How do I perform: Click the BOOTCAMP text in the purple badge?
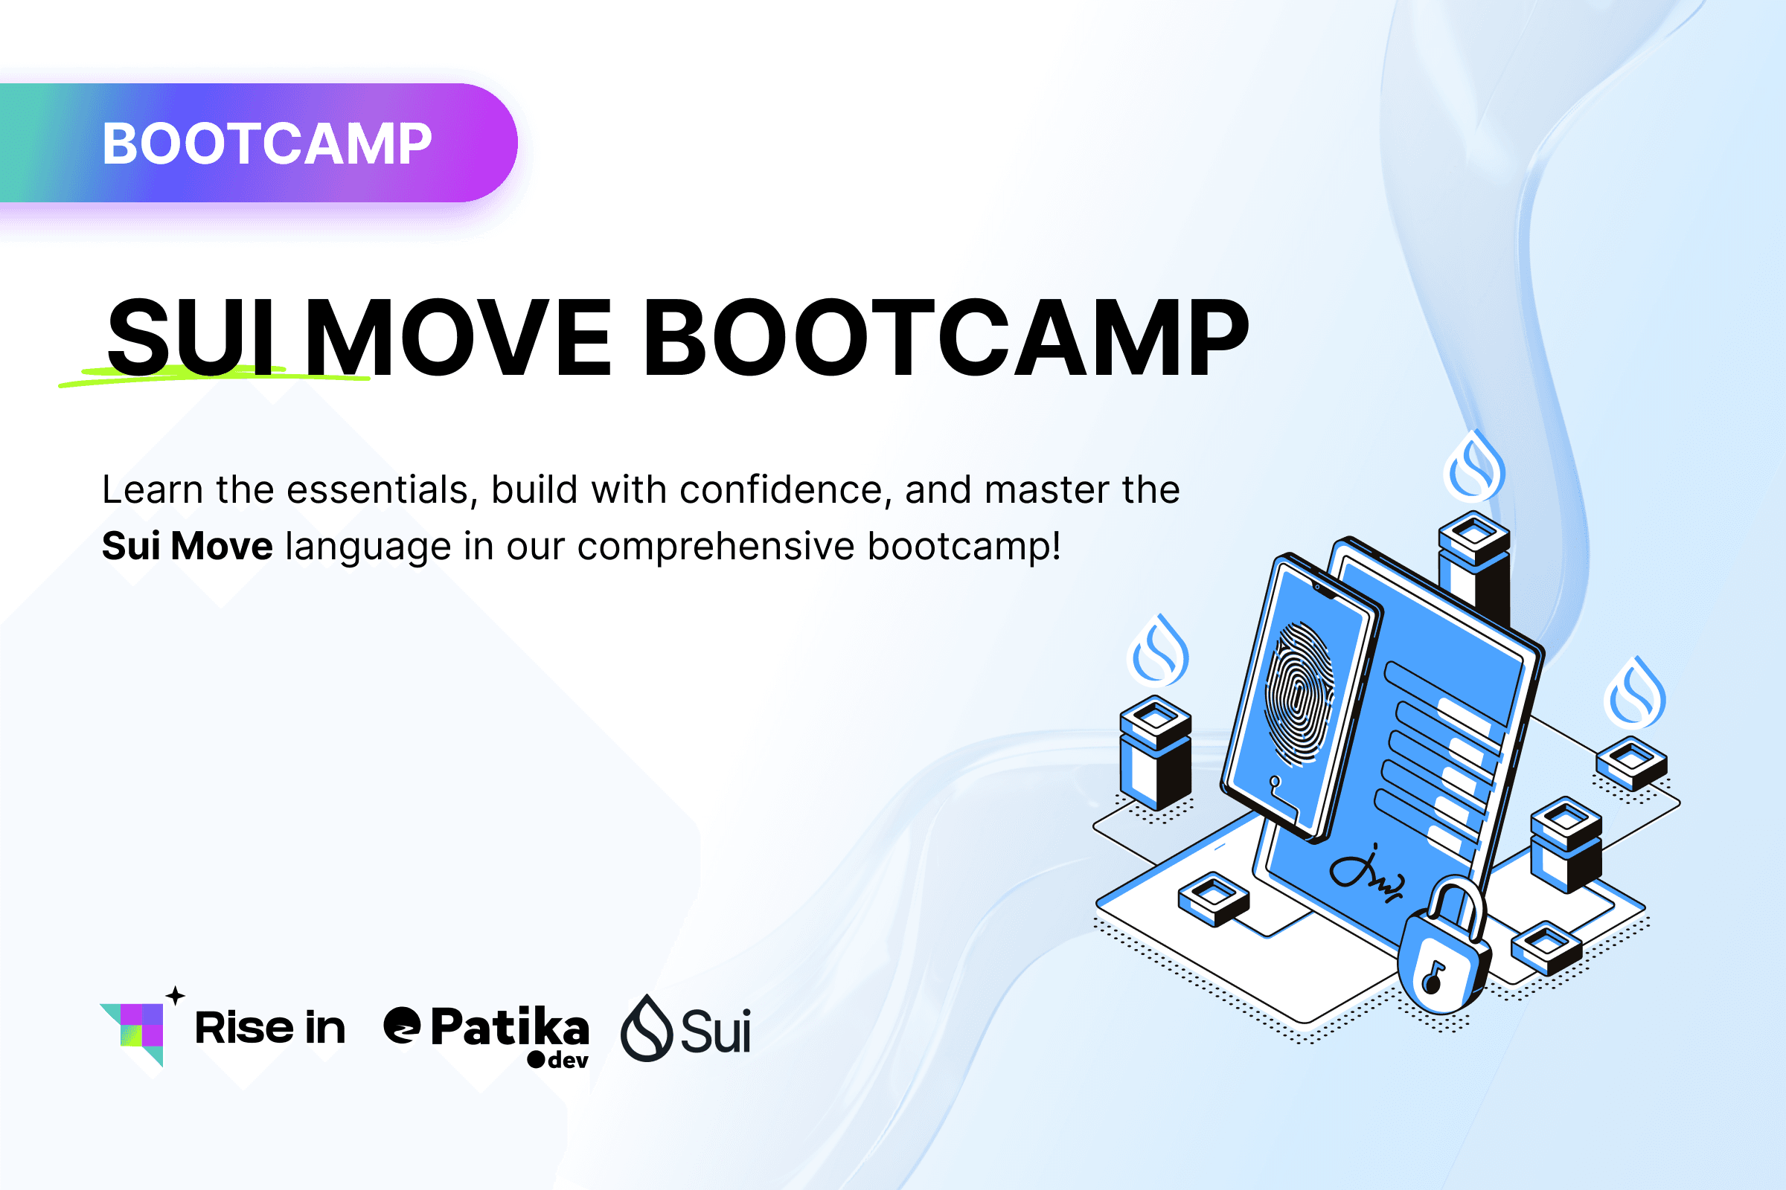266,144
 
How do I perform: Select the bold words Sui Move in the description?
187,546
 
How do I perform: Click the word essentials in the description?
377,489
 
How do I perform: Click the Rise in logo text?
269,1028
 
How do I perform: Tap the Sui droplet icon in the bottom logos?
646,1029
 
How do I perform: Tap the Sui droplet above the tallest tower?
1474,468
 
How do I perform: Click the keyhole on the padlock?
1434,978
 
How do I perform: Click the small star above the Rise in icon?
176,995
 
